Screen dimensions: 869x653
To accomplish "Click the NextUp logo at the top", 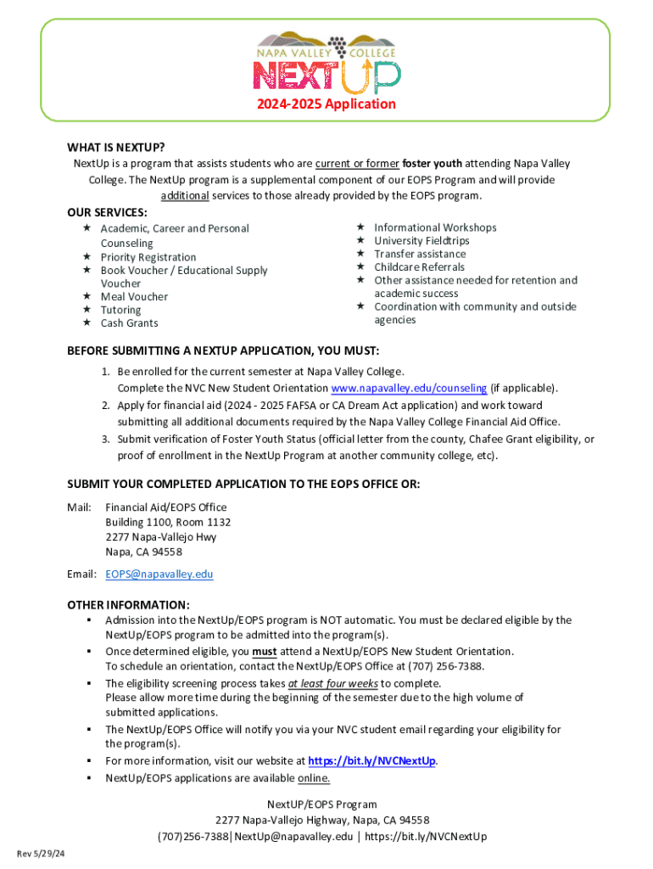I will click(x=326, y=62).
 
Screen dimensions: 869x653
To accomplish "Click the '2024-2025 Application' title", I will click(x=326, y=104).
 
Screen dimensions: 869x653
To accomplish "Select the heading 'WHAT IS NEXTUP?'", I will click(x=116, y=146).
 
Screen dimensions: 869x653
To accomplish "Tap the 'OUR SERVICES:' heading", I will click(x=107, y=212).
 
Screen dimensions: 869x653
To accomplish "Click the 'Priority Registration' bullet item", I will click(x=148, y=257).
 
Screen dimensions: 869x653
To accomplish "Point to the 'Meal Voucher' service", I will click(x=134, y=296).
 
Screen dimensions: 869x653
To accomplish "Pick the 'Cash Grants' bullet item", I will click(x=129, y=322).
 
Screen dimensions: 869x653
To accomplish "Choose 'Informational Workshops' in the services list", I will click(x=435, y=227).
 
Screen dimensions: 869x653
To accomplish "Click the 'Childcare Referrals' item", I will click(x=420, y=266).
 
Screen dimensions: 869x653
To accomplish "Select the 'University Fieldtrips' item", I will click(x=421, y=240).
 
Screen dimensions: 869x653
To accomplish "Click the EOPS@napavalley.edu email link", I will click(x=159, y=574).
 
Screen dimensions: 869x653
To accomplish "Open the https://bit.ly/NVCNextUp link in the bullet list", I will click(x=372, y=760).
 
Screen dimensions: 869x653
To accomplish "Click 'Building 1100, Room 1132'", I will click(x=168, y=522).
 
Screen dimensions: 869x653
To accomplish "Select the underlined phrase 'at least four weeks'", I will click(x=332, y=683).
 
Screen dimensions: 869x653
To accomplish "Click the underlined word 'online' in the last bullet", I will click(x=313, y=777).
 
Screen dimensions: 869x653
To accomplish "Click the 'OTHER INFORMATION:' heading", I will click(x=128, y=605).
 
